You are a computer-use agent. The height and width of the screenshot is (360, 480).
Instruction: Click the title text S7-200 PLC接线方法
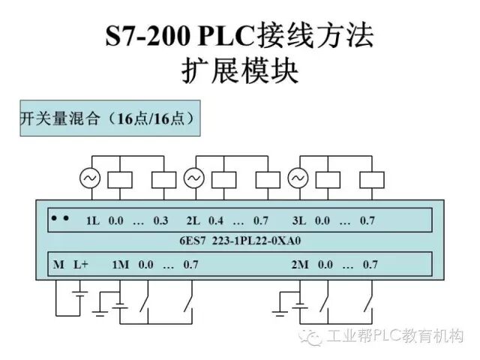point(239,37)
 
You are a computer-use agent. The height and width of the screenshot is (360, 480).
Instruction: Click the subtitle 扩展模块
point(240,71)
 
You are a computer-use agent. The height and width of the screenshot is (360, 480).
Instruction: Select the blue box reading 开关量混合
point(109,118)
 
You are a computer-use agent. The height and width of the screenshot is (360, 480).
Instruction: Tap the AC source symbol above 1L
point(90,178)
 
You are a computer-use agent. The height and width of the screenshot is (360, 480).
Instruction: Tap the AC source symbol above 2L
point(193,178)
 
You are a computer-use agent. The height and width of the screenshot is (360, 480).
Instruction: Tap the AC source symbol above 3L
point(298,178)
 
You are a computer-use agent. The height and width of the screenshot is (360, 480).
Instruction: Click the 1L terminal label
point(93,221)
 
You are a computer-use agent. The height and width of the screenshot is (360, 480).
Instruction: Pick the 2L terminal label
point(193,221)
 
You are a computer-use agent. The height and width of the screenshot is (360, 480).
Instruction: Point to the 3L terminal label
point(299,221)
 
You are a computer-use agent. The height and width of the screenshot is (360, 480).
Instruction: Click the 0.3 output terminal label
point(160,221)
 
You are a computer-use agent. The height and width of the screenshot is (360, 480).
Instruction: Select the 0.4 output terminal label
point(216,221)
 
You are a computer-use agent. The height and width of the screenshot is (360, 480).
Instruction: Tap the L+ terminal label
point(81,265)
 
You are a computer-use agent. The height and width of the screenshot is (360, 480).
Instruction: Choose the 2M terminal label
point(300,265)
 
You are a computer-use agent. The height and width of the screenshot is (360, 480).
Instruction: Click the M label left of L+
point(58,265)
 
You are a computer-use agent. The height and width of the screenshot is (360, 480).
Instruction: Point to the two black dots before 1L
point(61,219)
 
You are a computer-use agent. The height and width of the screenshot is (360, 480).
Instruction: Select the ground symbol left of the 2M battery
point(279,307)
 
